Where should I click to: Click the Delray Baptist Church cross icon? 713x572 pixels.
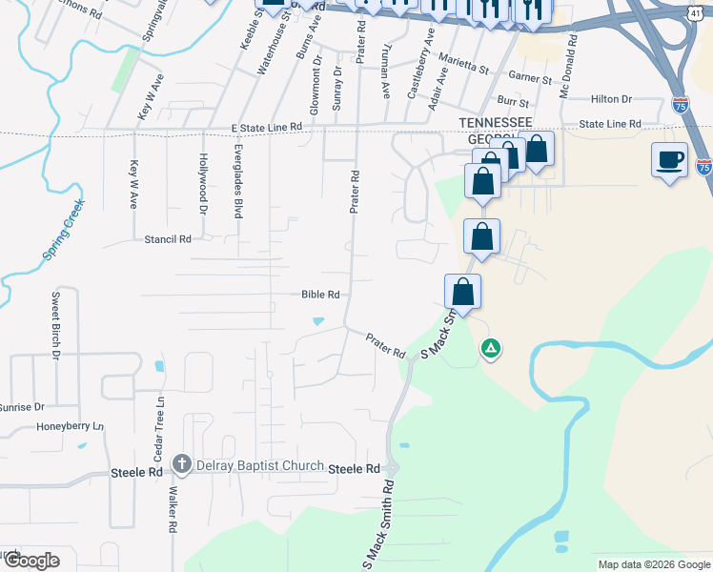pyautogui.click(x=182, y=465)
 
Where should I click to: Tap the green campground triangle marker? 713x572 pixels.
pyautogui.click(x=490, y=349)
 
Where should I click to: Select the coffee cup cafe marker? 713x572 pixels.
pyautogui.click(x=669, y=159)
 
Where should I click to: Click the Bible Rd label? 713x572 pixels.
pyautogui.click(x=320, y=295)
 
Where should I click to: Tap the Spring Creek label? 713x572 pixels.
pyautogui.click(x=63, y=231)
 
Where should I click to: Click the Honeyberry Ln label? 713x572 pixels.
pyautogui.click(x=70, y=426)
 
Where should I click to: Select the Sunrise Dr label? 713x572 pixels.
pyautogui.click(x=21, y=406)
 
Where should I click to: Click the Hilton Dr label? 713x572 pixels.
pyautogui.click(x=611, y=98)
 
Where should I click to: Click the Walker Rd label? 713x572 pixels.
pyautogui.click(x=173, y=510)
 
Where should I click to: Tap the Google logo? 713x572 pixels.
pyautogui.click(x=31, y=561)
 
